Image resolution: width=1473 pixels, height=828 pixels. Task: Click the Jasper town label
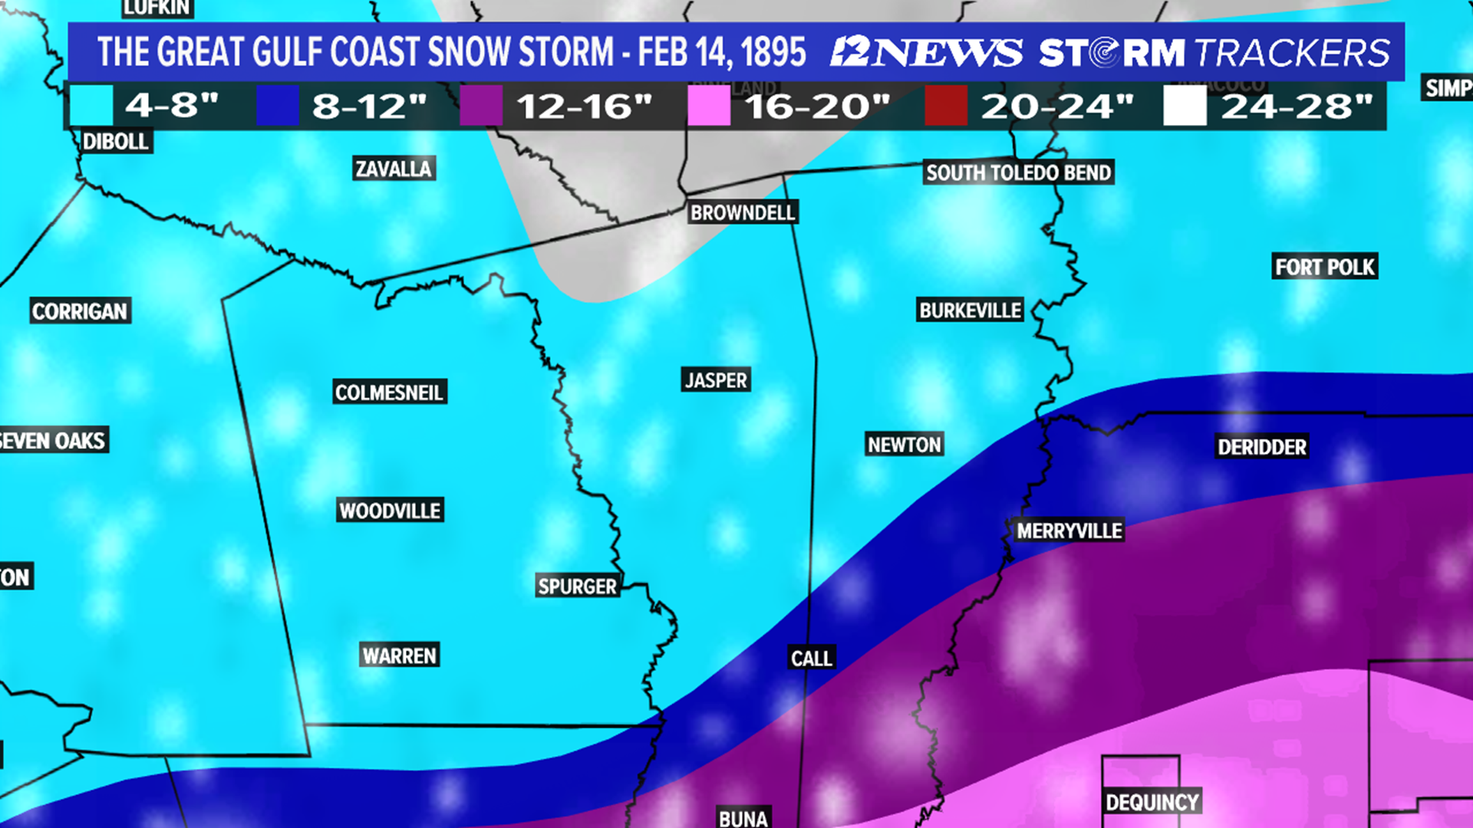coord(716,380)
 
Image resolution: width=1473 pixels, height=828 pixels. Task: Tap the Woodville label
coord(390,511)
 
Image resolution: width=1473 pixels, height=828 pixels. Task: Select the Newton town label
coord(904,445)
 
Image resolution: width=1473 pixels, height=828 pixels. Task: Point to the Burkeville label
coord(970,310)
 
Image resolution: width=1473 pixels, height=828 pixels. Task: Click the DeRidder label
coord(1261,447)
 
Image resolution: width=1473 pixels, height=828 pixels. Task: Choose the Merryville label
coord(1069,531)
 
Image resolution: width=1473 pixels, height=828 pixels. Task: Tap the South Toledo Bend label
coord(1018,172)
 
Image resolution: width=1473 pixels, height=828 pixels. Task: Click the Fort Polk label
coord(1324,267)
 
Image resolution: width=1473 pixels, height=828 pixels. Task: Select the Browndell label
coord(743,212)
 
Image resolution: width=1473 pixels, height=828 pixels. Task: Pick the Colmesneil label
coord(389,393)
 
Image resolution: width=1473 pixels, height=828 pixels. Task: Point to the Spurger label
coord(577,586)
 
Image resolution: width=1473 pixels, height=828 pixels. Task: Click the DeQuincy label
coord(1152,802)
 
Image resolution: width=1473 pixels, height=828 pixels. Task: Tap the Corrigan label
coord(80,311)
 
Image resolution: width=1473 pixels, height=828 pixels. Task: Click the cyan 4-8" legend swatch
coord(91,106)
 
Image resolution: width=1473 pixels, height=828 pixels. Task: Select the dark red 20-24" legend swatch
coord(945,106)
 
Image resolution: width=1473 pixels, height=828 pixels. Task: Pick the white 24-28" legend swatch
coord(1185,106)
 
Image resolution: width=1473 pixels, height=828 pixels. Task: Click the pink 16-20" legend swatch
coord(708,106)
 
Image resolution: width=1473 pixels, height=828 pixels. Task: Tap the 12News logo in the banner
coord(927,52)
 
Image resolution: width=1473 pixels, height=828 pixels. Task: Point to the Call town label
coord(811,659)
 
